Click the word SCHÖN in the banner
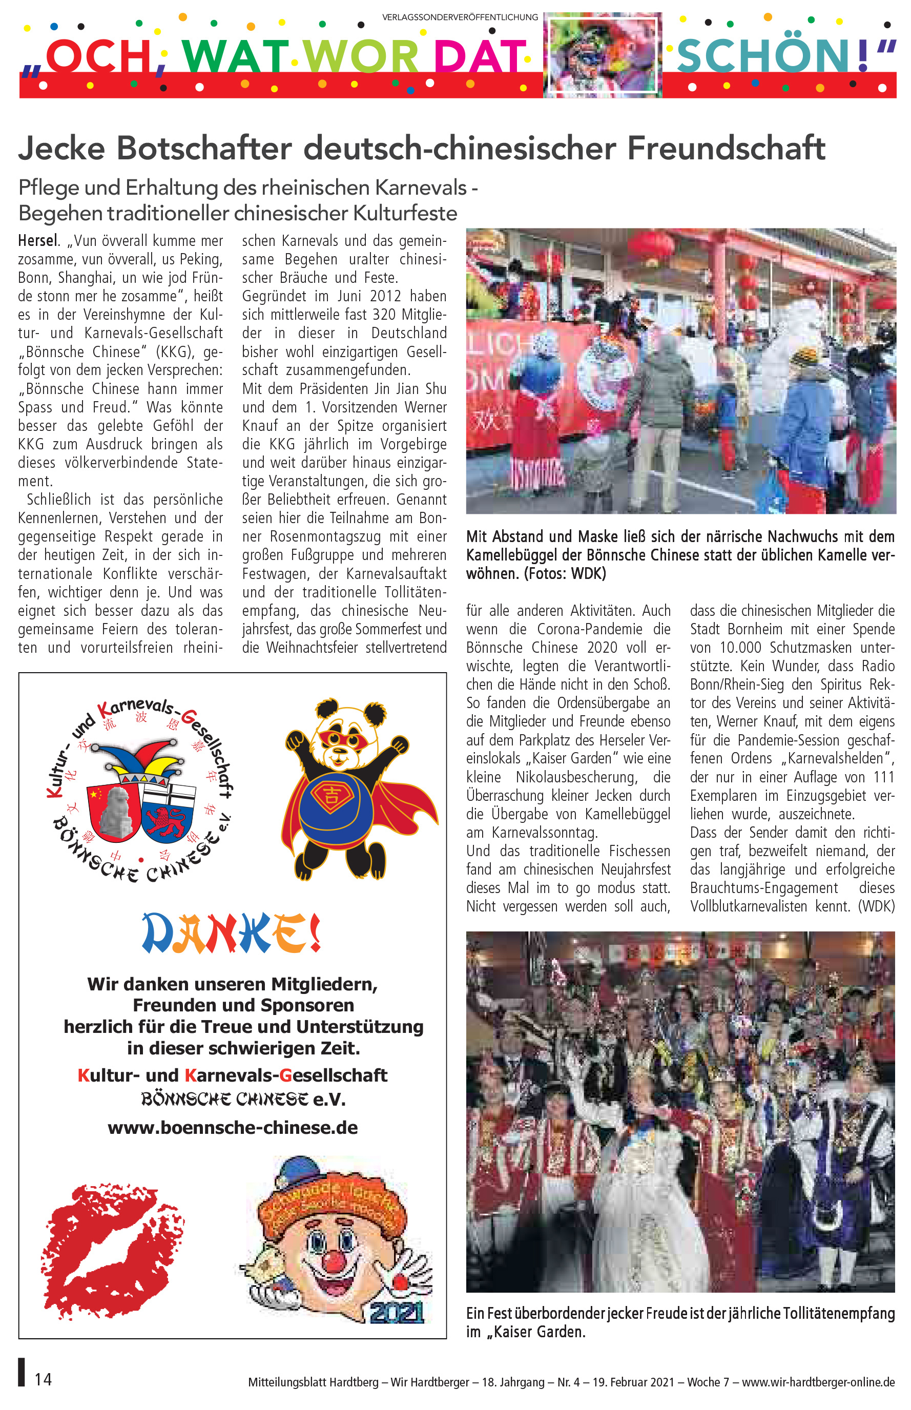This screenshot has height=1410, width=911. (762, 56)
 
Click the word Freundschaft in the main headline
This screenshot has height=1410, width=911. (726, 148)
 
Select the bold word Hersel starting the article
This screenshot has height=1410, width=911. (38, 241)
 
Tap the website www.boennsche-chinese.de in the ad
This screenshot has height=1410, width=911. (233, 1127)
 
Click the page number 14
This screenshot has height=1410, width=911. (43, 1379)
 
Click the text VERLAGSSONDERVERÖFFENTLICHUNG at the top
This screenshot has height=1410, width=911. (460, 17)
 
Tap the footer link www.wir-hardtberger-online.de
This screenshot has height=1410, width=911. (818, 1382)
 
